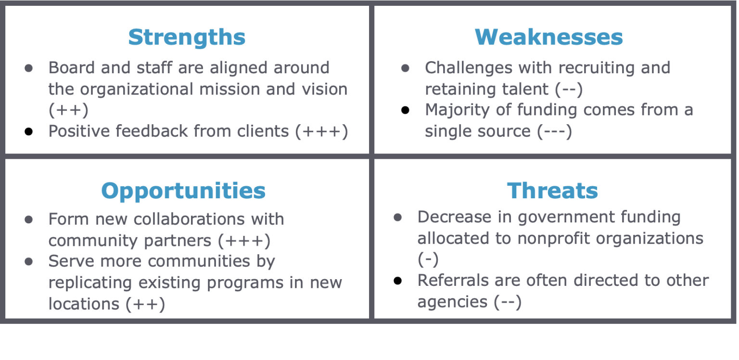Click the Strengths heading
(x=187, y=37)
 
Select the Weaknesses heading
(x=548, y=37)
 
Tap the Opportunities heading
(x=183, y=191)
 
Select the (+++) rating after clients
(x=321, y=131)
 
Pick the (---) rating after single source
(x=554, y=131)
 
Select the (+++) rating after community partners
(x=244, y=241)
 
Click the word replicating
(x=90, y=283)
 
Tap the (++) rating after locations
(x=145, y=304)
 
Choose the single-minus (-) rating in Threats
(x=428, y=259)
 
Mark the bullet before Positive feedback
(x=29, y=132)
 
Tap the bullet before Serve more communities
(x=29, y=262)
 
